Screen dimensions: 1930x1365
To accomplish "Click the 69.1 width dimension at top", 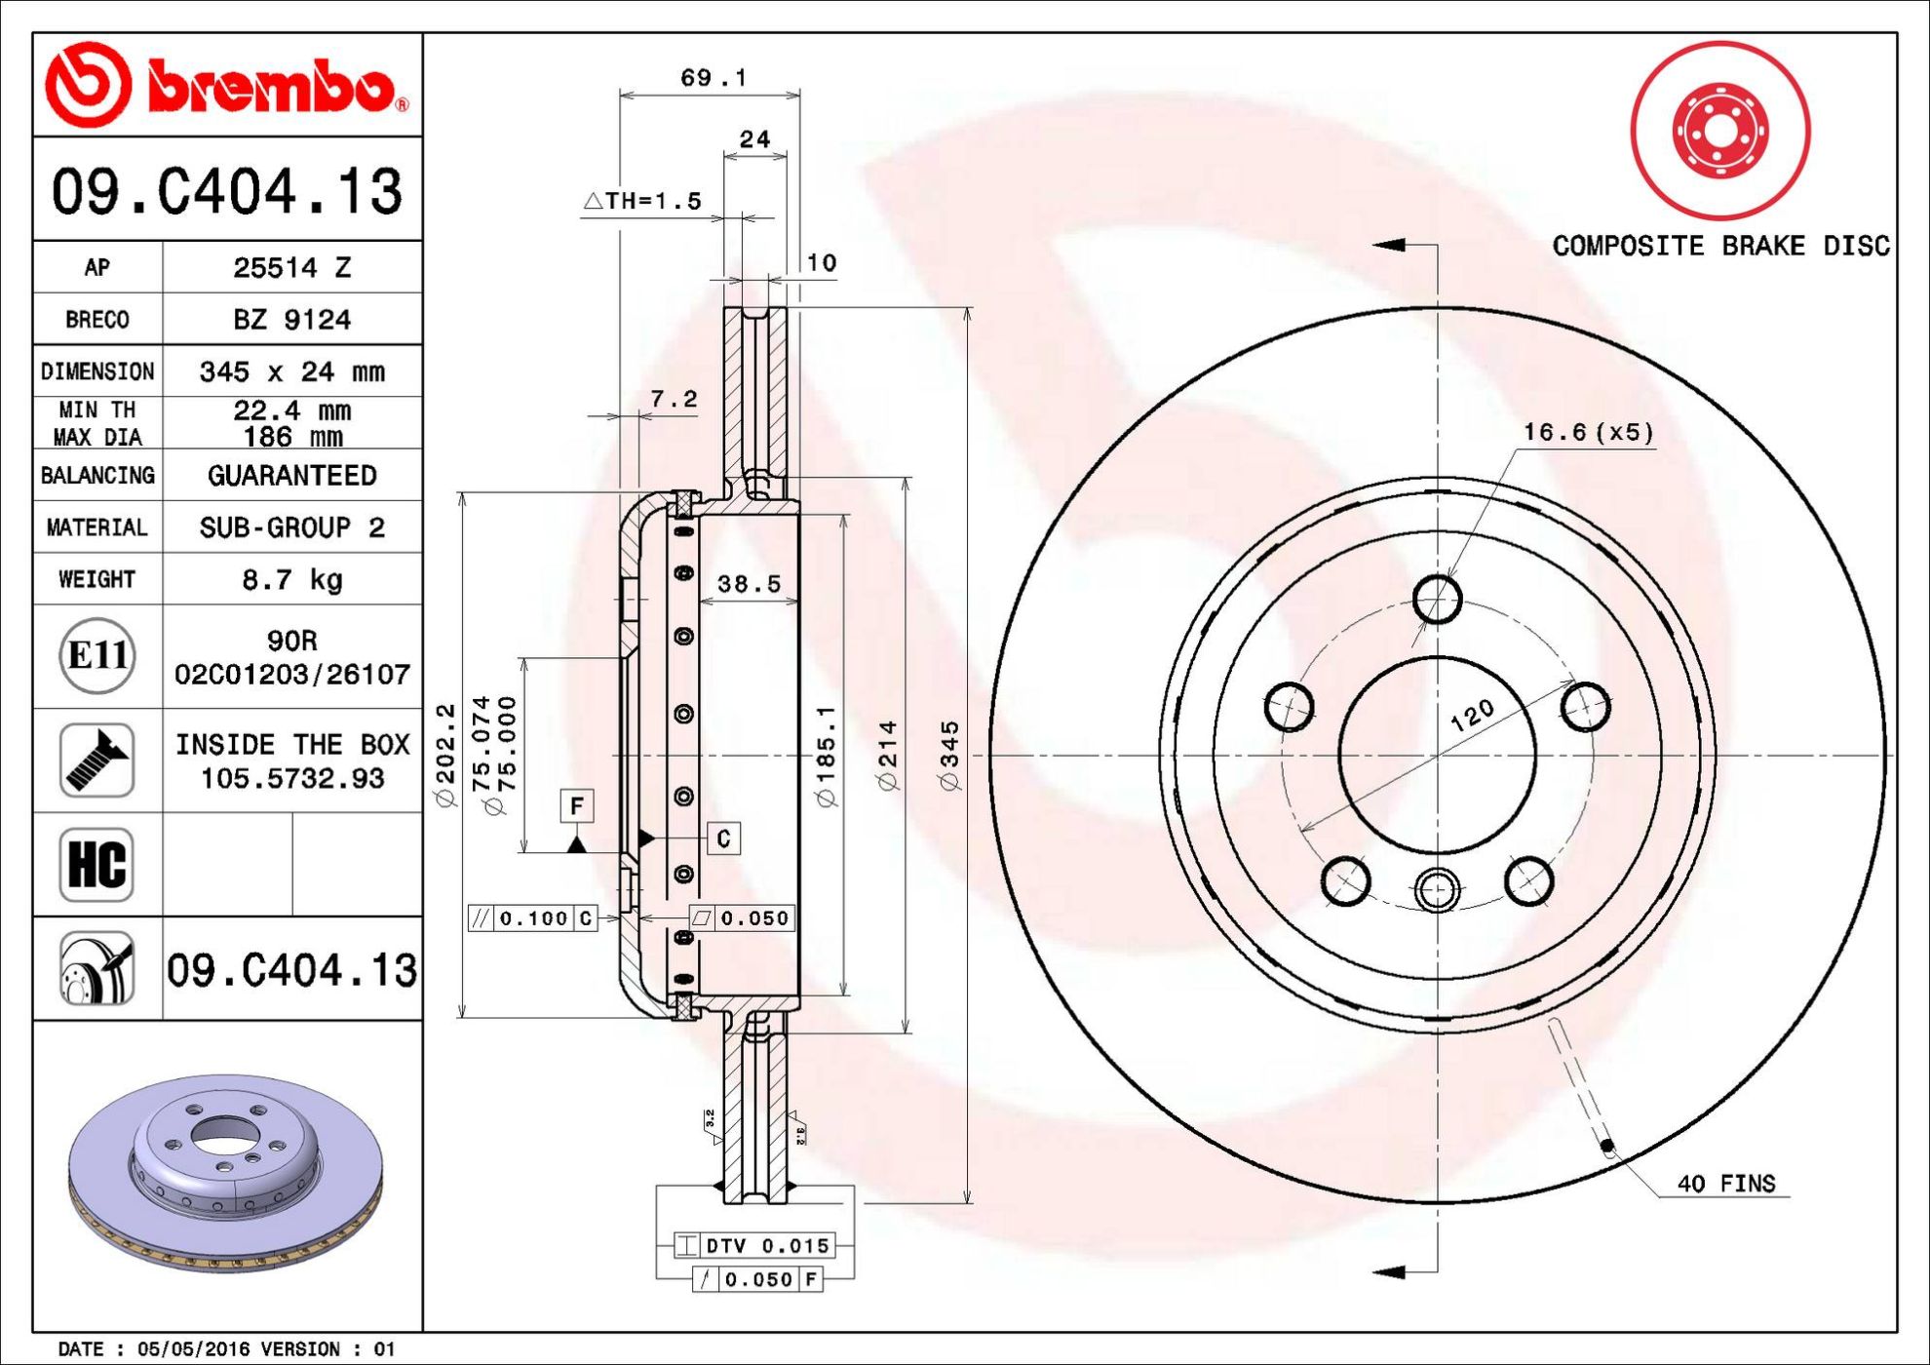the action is pos(714,77).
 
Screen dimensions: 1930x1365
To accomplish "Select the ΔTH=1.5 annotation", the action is pos(642,201).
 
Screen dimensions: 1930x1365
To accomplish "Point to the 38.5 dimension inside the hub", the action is pos(749,583).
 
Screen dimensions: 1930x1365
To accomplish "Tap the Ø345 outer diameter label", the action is pos(948,755).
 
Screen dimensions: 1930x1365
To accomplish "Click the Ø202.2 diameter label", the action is pos(445,755).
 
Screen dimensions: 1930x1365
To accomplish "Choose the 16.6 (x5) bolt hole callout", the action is pos(1589,431).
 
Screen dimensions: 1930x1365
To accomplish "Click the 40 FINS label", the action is pos(1726,1183).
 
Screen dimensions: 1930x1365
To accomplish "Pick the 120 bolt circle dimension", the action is pos(1471,715).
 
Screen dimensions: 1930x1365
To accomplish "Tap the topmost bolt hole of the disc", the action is pos(1437,598).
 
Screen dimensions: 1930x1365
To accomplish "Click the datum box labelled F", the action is pos(577,806).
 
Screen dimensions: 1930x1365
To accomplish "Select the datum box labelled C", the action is pos(723,838).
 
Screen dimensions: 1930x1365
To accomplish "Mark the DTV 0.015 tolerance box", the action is pos(753,1245).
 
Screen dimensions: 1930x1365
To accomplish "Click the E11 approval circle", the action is pos(96,655).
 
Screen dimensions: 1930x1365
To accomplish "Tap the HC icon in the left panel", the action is pos(96,864).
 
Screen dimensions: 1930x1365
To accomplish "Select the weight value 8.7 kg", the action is pos(292,579).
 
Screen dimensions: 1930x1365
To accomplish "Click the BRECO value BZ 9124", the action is pos(291,319).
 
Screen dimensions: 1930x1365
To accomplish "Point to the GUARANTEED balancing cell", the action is pos(291,475).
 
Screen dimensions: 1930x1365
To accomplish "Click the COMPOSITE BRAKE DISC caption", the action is pos(1720,245).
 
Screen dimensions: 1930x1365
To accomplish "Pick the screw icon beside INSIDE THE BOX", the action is pos(96,760).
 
